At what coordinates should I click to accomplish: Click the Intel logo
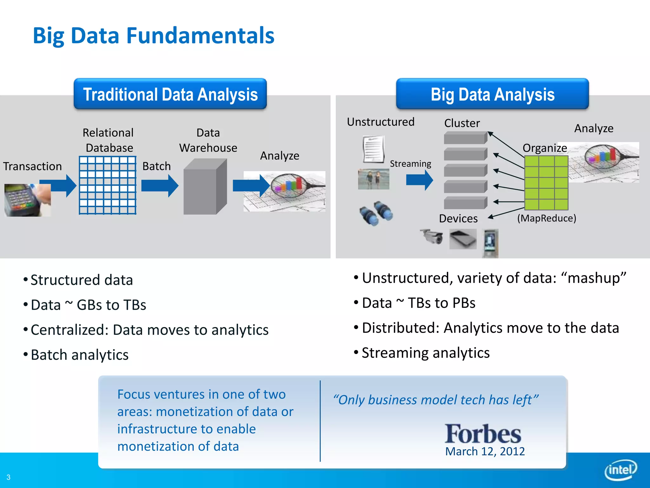click(x=620, y=470)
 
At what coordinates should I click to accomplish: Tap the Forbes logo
click(x=482, y=434)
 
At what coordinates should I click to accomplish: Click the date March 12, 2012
click(x=485, y=451)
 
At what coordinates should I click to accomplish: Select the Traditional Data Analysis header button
click(x=170, y=94)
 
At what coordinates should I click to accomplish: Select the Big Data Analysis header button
click(x=492, y=94)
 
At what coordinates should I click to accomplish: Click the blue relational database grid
click(x=108, y=185)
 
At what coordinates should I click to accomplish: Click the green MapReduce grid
click(x=546, y=183)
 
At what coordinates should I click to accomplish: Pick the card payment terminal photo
click(x=27, y=200)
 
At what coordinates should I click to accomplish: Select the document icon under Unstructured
click(x=373, y=149)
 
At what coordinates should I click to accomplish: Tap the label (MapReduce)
click(x=546, y=218)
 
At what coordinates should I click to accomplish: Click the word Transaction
click(x=32, y=166)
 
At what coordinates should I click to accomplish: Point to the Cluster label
click(x=461, y=123)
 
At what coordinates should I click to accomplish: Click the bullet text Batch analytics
click(x=79, y=355)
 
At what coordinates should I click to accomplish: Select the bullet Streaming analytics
click(x=425, y=353)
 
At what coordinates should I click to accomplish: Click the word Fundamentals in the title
click(x=200, y=36)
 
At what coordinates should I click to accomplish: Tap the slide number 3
click(x=9, y=477)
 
